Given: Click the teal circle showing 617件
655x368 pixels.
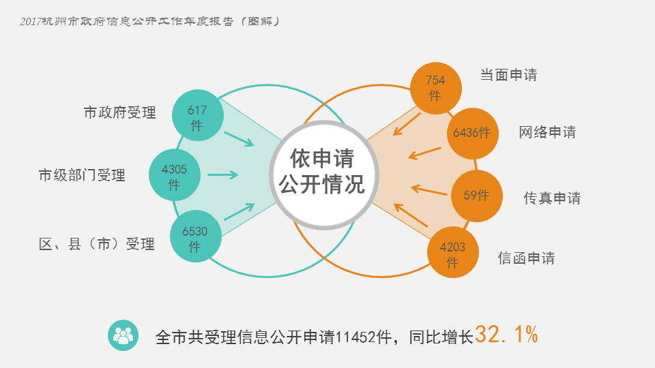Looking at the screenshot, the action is pyautogui.click(x=198, y=115).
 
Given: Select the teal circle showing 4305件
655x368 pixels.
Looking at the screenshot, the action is pyautogui.click(x=175, y=175).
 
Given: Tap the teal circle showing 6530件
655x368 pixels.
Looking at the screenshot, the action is pyautogui.click(x=196, y=236).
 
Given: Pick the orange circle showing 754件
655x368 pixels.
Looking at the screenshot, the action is pyautogui.click(x=436, y=88).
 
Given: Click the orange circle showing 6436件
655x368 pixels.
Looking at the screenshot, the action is pyautogui.click(x=472, y=134).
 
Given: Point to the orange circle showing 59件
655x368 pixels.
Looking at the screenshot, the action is pyautogui.click(x=477, y=196).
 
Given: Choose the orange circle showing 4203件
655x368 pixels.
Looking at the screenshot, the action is pyautogui.click(x=453, y=252).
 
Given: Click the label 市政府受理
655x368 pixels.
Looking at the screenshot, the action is pyautogui.click(x=120, y=112).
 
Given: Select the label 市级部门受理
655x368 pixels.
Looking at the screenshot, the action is pyautogui.click(x=82, y=175).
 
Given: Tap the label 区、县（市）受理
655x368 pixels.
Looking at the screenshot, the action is pyautogui.click(x=96, y=244).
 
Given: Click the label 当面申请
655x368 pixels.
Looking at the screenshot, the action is pyautogui.click(x=508, y=75).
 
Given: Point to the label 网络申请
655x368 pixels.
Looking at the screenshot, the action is pyautogui.click(x=547, y=132).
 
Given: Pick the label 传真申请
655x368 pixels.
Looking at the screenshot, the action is pyautogui.click(x=552, y=198).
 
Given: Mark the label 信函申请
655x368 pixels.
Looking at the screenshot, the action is pyautogui.click(x=526, y=258).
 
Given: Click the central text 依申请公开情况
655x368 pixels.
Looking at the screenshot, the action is pyautogui.click(x=323, y=171).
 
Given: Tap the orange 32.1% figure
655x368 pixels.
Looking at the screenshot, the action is pyautogui.click(x=506, y=335).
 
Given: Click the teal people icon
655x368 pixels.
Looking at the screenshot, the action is pyautogui.click(x=123, y=335).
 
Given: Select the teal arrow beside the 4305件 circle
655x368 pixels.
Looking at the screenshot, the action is pyautogui.click(x=223, y=175).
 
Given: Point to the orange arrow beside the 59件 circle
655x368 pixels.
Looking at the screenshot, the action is pyautogui.click(x=429, y=191).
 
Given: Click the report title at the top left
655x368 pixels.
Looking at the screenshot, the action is pyautogui.click(x=149, y=21).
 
